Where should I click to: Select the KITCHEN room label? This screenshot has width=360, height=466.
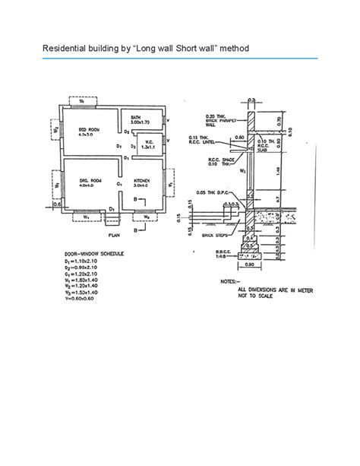click(x=143, y=181)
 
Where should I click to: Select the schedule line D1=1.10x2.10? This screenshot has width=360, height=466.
click(x=83, y=260)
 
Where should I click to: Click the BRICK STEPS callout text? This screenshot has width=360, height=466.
click(x=206, y=237)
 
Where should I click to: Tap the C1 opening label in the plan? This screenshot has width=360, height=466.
click(x=118, y=185)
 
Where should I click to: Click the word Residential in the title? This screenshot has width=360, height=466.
click(x=63, y=49)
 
